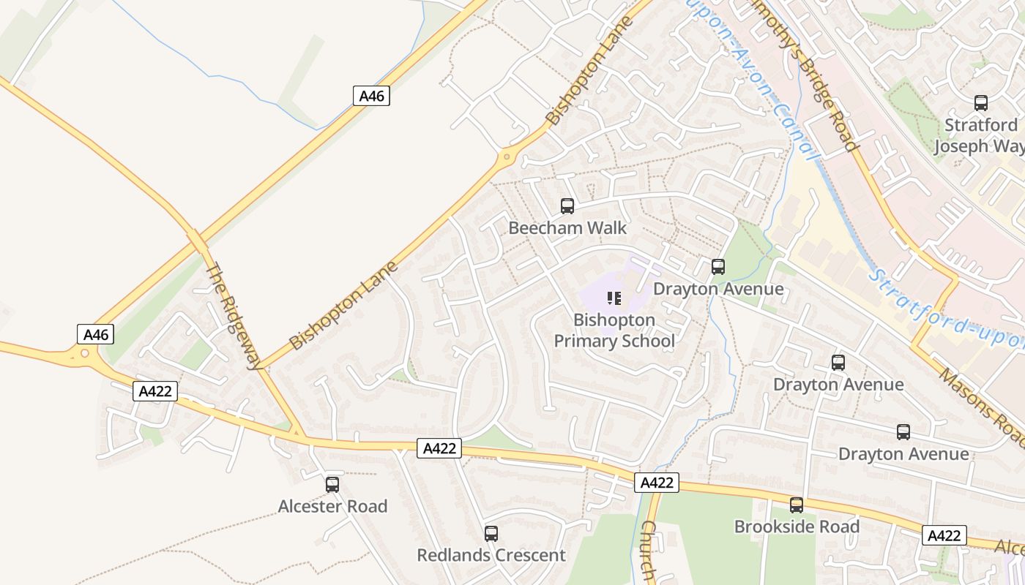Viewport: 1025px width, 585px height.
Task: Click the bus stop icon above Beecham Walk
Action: coord(567,206)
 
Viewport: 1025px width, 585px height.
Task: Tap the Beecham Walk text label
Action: coord(567,228)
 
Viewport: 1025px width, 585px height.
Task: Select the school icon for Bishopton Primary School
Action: coord(614,298)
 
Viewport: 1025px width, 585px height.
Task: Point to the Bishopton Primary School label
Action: coord(614,331)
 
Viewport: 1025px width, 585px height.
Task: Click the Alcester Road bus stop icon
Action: coord(332,484)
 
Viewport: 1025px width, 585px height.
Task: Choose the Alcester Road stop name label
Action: coord(332,506)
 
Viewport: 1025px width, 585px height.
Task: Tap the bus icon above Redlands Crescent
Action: coord(491,534)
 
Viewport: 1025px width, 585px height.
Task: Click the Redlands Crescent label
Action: coord(491,555)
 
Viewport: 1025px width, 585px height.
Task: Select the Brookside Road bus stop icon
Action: coord(797,505)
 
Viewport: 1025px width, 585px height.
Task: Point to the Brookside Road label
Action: coord(797,526)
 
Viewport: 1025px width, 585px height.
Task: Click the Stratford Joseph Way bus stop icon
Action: coord(981,103)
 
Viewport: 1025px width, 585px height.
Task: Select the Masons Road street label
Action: coord(983,409)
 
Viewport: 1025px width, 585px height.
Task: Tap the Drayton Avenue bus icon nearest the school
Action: coord(718,267)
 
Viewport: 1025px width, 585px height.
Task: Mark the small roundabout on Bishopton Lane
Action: coord(505,157)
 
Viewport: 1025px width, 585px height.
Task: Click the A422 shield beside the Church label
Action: coord(656,483)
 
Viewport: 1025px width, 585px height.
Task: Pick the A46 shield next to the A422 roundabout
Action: coord(96,335)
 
